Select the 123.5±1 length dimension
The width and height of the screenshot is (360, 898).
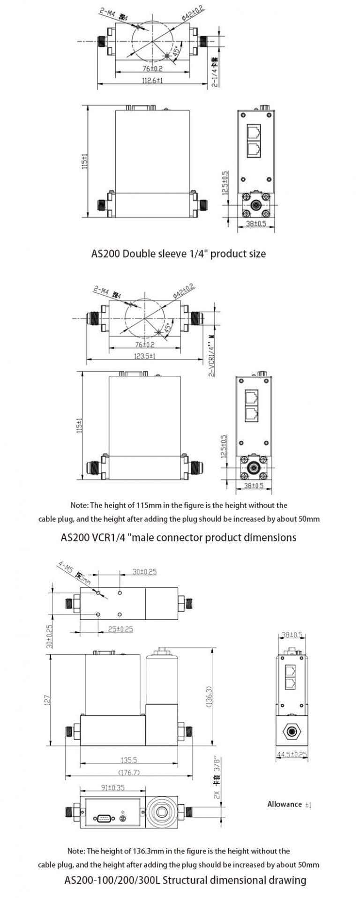[x=145, y=356]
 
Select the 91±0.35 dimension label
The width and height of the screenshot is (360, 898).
[x=113, y=787]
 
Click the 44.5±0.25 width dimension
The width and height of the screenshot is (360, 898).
[x=292, y=754]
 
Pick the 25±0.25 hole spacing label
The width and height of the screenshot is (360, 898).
[x=120, y=629]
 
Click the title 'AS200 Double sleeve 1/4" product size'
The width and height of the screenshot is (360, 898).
[x=178, y=254]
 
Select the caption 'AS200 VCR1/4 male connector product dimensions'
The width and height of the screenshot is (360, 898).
[x=179, y=537]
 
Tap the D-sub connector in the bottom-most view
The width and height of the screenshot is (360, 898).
[x=103, y=818]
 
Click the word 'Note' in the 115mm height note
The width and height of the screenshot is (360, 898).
[x=79, y=505]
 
